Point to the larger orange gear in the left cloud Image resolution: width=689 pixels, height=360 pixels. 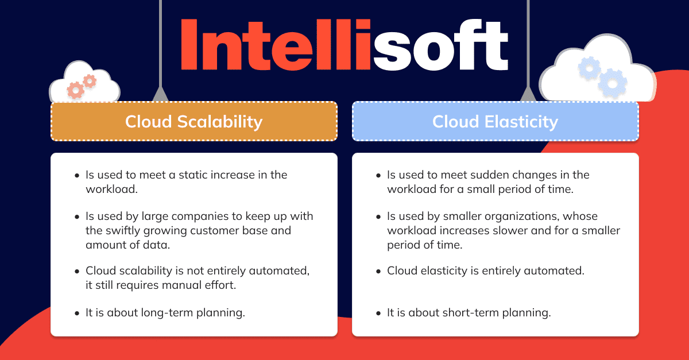tap(75, 90)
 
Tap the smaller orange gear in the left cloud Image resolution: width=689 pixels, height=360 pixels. tap(90, 81)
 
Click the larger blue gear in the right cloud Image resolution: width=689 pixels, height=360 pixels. tap(612, 83)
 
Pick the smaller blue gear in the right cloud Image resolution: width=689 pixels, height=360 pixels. tap(590, 68)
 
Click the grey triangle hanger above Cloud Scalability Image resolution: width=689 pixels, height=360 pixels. tap(160, 94)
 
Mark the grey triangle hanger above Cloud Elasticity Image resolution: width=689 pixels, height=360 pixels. tap(527, 94)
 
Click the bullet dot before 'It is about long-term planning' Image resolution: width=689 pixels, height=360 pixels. tap(77, 313)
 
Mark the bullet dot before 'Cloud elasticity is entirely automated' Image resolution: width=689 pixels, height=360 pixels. tap(378, 271)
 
